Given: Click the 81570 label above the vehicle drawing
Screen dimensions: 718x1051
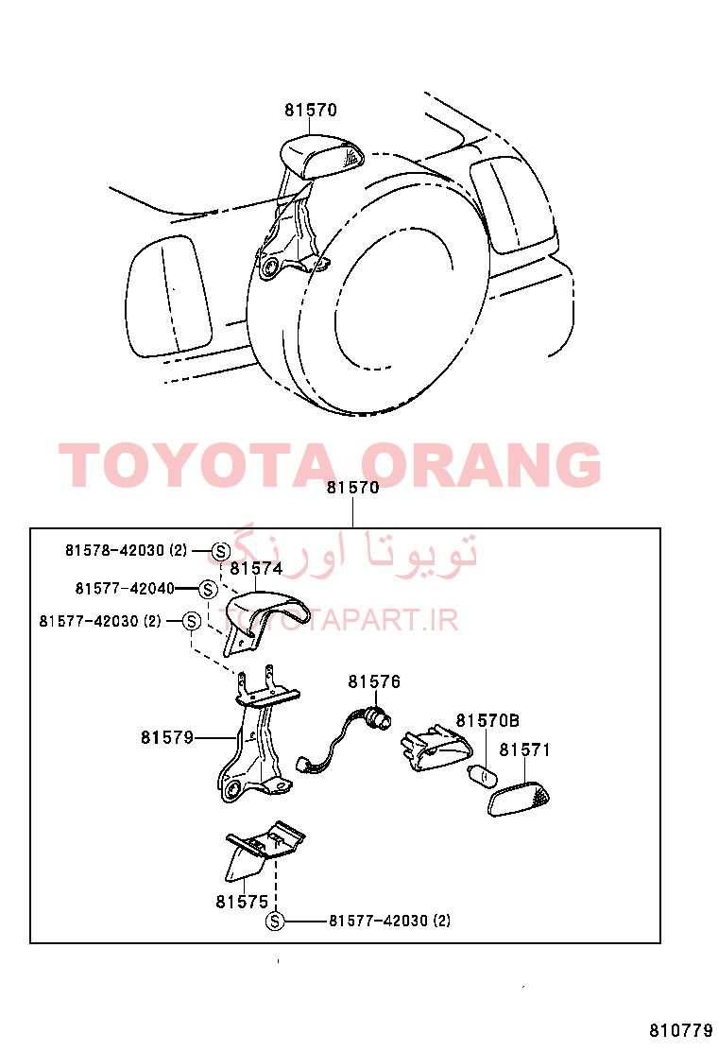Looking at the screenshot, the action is [x=310, y=110].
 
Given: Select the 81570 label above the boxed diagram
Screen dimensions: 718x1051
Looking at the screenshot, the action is [x=352, y=488].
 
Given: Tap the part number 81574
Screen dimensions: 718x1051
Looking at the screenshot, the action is [x=256, y=568].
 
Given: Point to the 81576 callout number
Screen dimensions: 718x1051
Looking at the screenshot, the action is [x=374, y=681].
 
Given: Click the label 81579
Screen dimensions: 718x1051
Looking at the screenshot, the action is [x=167, y=737].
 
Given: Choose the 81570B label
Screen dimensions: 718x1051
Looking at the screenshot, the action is [x=487, y=720].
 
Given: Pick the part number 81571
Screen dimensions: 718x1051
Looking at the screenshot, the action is [x=524, y=750].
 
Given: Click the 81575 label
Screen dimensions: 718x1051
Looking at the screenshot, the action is [x=242, y=903].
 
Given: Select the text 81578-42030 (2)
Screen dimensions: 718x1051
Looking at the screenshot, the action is [x=126, y=550].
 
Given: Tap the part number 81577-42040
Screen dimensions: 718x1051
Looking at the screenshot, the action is [x=125, y=589].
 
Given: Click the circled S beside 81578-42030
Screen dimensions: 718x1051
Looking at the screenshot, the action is [x=220, y=552].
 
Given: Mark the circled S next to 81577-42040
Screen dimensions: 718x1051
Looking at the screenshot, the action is [x=208, y=589].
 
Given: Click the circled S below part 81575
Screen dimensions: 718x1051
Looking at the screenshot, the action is [x=275, y=922].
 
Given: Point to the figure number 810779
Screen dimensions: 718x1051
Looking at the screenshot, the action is [x=680, y=1029].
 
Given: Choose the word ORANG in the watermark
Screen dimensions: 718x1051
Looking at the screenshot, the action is [x=481, y=464].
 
